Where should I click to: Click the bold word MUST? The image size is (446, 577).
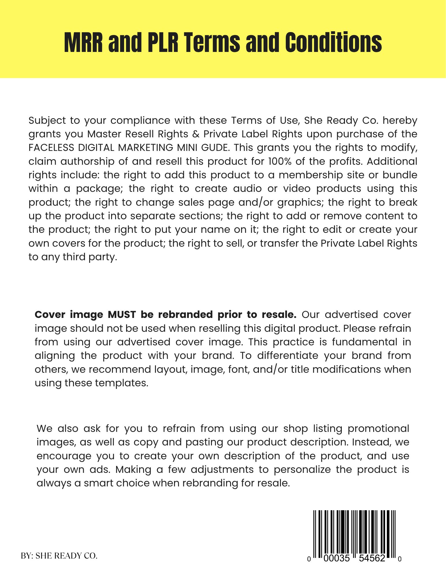122,314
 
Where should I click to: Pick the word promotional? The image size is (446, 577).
378,429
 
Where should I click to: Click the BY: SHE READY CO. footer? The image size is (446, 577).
59,556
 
